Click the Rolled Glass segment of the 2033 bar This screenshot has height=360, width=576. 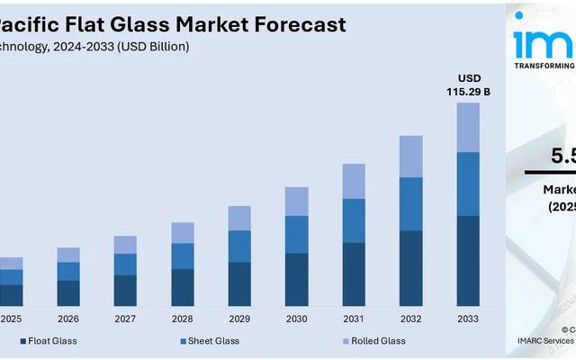(468, 127)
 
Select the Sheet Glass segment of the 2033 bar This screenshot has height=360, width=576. (468, 184)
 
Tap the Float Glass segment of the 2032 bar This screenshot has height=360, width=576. (410, 268)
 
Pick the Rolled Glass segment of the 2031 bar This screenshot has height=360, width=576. (354, 181)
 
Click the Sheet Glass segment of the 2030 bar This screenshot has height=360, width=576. (296, 234)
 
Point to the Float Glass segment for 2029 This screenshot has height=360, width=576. (239, 283)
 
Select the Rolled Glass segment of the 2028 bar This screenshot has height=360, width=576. (183, 232)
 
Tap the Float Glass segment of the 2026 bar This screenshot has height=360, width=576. (68, 292)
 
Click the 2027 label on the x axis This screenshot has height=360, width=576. (125, 319)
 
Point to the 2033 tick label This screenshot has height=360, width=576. (468, 319)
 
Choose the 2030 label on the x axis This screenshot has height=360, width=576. (296, 319)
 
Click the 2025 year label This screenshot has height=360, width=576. (12, 319)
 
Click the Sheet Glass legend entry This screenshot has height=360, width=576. (213, 341)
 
